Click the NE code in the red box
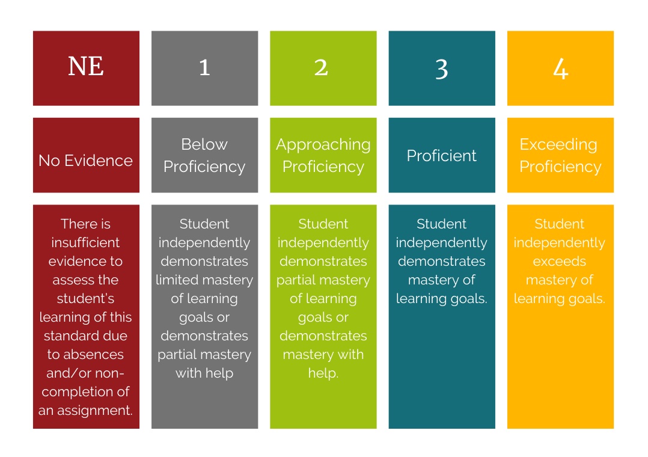coord(86,67)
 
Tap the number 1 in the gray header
coord(204,68)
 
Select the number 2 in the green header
coord(322,67)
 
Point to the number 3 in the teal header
coord(442,69)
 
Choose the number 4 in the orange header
coord(560,69)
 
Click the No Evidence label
coord(86,161)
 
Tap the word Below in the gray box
coord(204,144)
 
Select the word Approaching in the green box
coord(323,145)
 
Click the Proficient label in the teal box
coord(442,156)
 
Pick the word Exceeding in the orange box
coord(558,144)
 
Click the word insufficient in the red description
coord(86,242)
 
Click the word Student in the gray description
coord(204,224)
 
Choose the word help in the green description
coord(323,373)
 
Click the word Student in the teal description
coord(442,224)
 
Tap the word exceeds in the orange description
coord(558,261)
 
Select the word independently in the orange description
coord(560,242)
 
